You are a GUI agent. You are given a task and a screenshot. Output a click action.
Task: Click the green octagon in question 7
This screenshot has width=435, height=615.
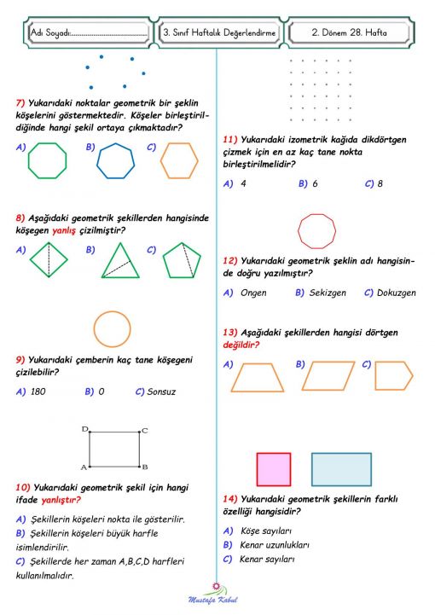(47, 160)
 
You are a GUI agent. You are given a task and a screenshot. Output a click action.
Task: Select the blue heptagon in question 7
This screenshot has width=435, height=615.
(114, 160)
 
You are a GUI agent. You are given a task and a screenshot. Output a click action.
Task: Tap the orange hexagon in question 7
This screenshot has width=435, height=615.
(179, 160)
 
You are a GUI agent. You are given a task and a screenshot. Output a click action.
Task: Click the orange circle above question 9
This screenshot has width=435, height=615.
(113, 330)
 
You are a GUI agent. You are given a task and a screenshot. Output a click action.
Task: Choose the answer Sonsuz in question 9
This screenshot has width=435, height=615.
(161, 392)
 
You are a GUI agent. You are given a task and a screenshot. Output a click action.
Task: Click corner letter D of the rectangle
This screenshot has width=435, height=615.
(84, 429)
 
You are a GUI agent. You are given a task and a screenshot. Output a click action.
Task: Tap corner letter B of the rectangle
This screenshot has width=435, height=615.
(146, 467)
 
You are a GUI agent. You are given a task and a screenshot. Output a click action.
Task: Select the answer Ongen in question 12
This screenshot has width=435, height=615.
(253, 293)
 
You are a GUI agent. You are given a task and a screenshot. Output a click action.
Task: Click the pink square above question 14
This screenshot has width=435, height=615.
(274, 469)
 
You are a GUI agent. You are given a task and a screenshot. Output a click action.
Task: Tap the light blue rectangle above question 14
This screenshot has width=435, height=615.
(341, 469)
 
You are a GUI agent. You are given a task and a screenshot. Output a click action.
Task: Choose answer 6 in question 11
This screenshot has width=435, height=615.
(315, 183)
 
